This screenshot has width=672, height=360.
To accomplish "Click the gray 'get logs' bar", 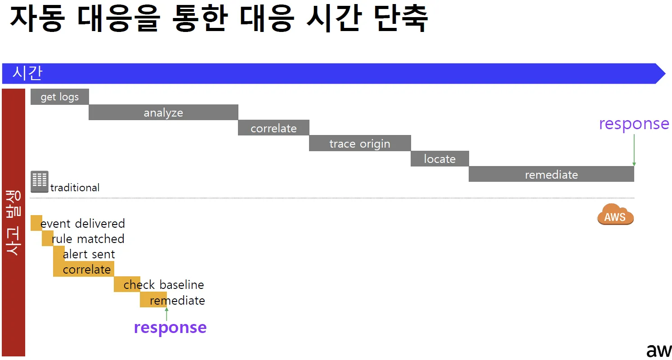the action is pos(59,97).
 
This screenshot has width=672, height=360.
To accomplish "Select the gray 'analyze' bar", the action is pos(163,112).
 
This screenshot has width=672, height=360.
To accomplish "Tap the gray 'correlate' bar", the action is pos(273,128).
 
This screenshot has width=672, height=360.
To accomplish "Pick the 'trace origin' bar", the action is pos(360,144).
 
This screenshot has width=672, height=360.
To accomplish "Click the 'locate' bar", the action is pos(439,159).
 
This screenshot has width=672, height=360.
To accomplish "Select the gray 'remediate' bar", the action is pos(551,174).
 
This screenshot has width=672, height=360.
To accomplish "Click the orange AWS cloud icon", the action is pos(615,215).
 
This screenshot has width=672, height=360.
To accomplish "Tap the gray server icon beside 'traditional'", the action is pos(40,181).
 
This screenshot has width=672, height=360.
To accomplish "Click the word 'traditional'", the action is pos(75,188).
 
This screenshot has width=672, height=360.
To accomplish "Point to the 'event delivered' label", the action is pos(83,223).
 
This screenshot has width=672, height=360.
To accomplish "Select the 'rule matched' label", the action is pos(88,238).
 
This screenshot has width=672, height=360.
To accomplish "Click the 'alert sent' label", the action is pos(89,254).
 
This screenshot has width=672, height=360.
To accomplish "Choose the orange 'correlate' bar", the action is pos(84,269).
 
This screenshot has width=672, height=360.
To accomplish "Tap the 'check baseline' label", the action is pos(164,285).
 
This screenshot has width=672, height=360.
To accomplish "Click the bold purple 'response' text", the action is pos(170,327).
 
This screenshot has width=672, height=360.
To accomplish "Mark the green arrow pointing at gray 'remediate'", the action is pos(634,150).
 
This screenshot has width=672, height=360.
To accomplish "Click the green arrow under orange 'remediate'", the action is pos(166,314).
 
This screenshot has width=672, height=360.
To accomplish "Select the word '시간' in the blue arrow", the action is pos(27,73).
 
